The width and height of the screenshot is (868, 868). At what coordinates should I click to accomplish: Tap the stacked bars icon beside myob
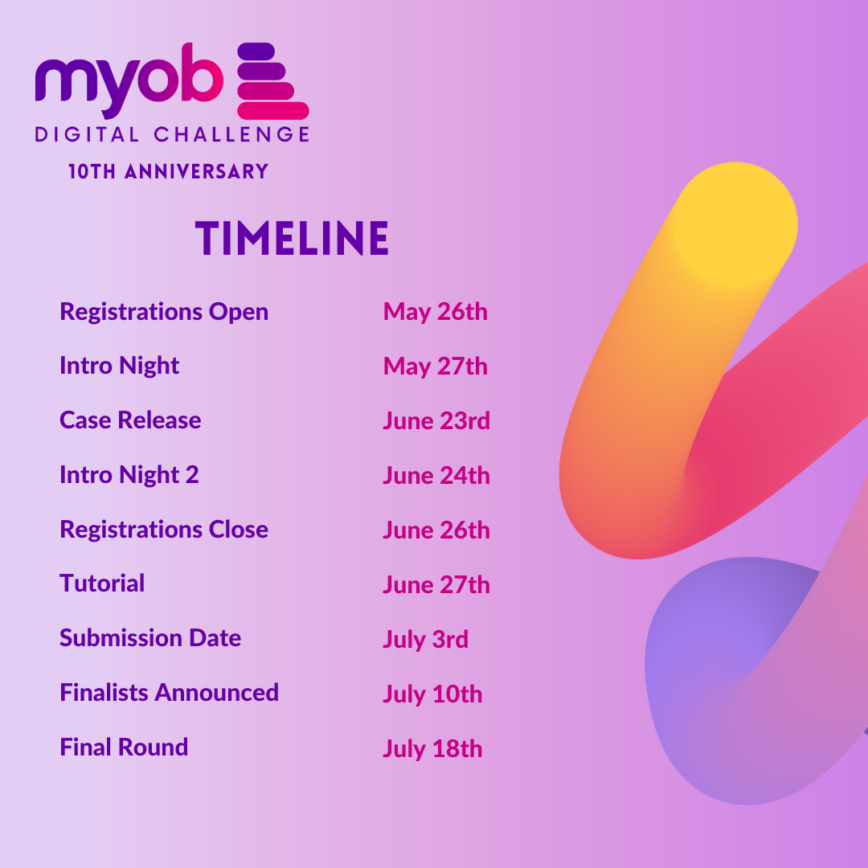coord(272,81)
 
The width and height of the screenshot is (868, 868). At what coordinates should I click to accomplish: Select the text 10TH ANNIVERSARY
coord(168,171)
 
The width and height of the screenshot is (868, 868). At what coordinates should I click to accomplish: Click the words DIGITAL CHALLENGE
coord(172,134)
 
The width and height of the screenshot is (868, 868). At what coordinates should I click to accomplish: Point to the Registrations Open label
coord(164,312)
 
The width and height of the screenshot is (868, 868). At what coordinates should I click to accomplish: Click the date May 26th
coord(435,312)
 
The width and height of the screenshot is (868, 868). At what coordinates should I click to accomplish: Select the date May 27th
coord(435,366)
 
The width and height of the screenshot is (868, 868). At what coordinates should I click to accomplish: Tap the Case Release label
coord(130,420)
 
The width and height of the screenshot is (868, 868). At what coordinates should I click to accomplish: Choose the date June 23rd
coord(436,421)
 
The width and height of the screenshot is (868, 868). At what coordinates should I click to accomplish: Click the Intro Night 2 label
coord(129,475)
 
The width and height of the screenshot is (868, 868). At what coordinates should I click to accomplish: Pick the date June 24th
coord(436,476)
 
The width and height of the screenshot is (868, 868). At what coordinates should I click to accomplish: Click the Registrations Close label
coord(164,530)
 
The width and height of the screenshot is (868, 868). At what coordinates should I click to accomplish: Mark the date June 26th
coord(436,530)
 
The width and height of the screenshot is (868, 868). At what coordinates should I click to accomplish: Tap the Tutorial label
coord(102,583)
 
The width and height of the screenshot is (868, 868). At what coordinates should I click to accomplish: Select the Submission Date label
coord(150,638)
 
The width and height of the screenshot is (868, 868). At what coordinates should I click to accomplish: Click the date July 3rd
coord(425,640)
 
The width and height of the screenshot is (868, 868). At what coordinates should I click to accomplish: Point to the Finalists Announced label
coord(169,693)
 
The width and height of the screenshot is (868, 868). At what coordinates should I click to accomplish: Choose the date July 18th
coord(432,749)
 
